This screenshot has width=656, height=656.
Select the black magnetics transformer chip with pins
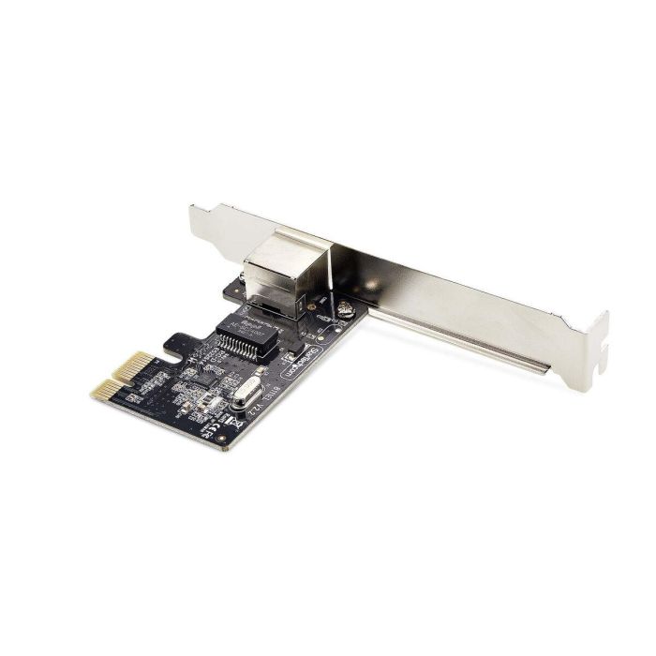pos(246,335)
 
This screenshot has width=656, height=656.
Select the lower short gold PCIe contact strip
pos(107,392)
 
